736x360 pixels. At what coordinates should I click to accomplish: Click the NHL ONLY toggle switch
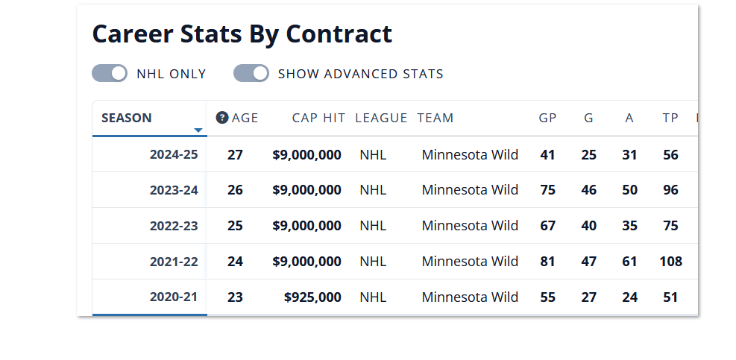[x=109, y=73]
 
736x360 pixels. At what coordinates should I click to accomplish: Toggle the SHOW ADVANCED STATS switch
[x=251, y=73]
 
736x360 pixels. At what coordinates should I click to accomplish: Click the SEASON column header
[x=127, y=118]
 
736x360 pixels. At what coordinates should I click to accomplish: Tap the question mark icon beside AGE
[x=221, y=118]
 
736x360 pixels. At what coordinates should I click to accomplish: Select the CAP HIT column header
[x=318, y=118]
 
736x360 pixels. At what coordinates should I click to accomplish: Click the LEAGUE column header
[x=381, y=118]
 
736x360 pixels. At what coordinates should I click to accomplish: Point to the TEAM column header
[x=435, y=118]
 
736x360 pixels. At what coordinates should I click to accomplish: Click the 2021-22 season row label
[x=174, y=262]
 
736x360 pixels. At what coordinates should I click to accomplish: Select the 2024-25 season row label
[x=174, y=154]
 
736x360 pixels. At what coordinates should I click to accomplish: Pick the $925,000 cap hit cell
[x=312, y=297]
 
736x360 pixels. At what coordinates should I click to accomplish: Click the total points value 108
[x=671, y=262]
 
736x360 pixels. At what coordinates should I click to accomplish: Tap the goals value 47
[x=589, y=262]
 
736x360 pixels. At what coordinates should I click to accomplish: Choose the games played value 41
[x=548, y=154]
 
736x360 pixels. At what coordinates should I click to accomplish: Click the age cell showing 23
[x=235, y=297]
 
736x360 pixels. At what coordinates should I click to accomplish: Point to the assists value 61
[x=630, y=262]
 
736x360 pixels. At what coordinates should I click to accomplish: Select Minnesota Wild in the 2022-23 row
[x=470, y=226]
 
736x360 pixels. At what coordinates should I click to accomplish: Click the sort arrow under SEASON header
[x=198, y=130]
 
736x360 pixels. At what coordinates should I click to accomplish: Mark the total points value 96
[x=671, y=190]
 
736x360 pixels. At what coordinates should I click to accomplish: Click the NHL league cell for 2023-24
[x=373, y=190]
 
